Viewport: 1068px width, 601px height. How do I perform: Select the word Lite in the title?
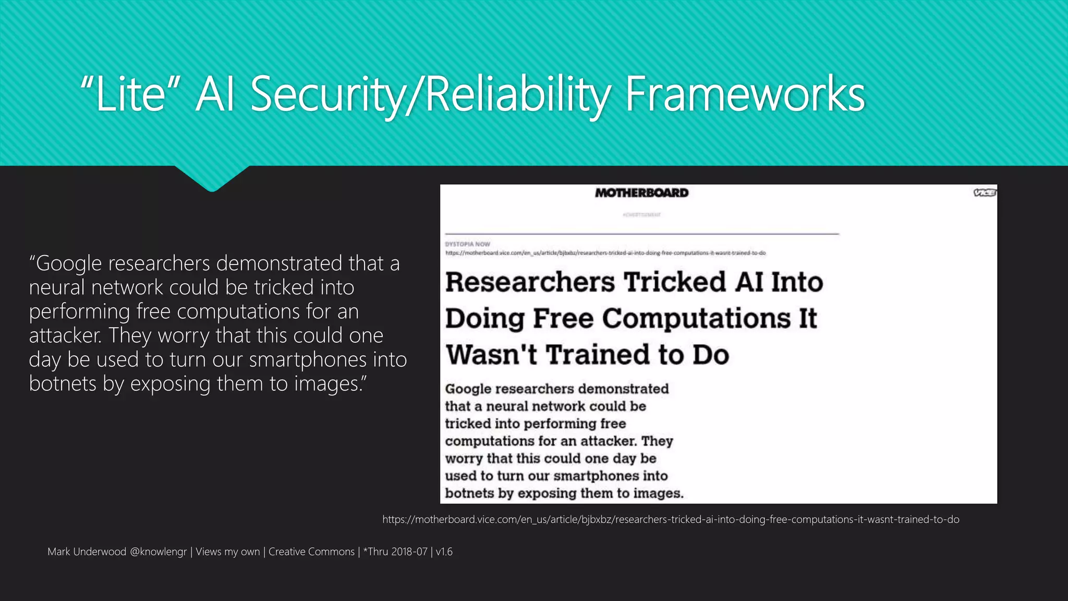pos(130,95)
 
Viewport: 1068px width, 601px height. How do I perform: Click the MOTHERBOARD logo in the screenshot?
pos(641,193)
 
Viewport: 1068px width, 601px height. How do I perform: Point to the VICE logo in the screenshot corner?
pos(985,193)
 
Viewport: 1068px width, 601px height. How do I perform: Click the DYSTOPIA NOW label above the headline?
pos(467,244)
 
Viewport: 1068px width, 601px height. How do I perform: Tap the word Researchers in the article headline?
pos(530,282)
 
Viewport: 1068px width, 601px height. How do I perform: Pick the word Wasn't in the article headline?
pos(491,355)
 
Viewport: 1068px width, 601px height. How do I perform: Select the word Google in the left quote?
pos(69,264)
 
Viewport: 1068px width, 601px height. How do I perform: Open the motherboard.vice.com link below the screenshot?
pos(671,520)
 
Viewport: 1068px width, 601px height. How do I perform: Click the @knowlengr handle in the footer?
pos(158,551)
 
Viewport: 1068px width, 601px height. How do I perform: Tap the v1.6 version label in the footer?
pos(444,551)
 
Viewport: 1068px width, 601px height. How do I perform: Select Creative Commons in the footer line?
pos(311,551)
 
